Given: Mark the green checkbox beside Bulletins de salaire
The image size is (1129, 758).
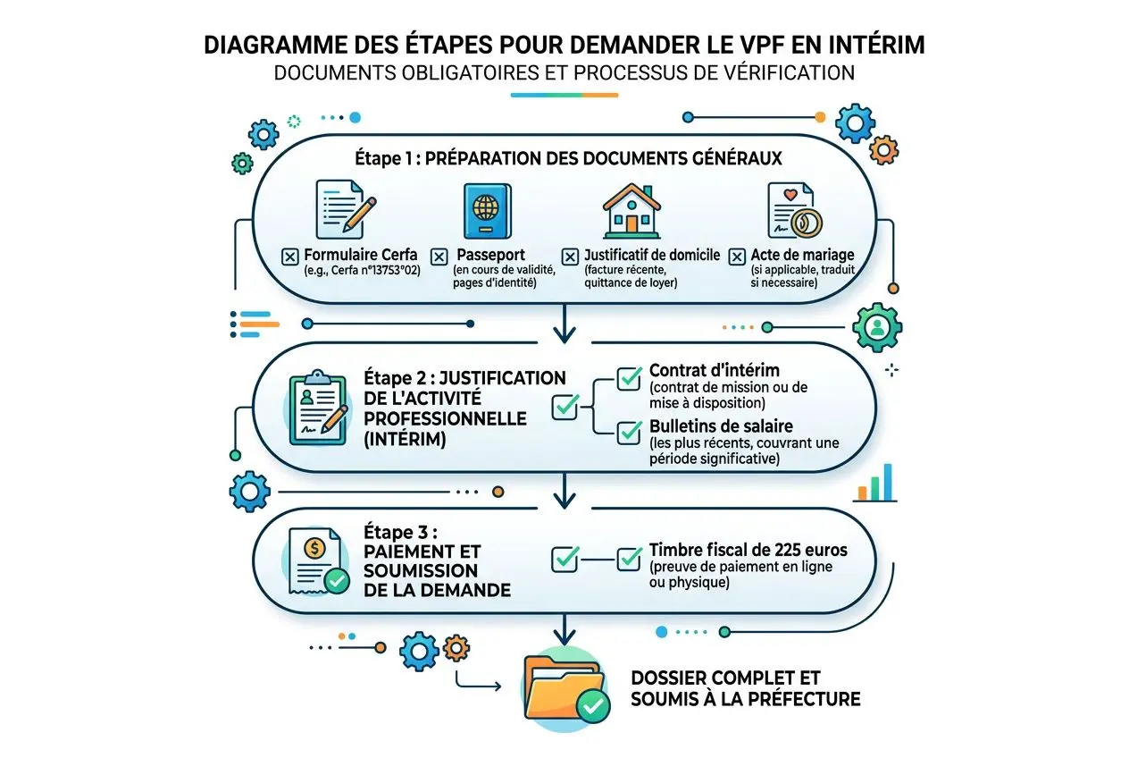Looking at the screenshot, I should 629,434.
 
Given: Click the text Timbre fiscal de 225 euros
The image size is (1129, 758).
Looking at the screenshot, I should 748,551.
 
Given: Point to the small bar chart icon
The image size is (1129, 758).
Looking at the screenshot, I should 874,483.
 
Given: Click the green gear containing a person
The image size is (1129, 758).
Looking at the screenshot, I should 877,327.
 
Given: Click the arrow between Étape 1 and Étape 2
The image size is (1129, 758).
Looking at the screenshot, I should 564,329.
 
